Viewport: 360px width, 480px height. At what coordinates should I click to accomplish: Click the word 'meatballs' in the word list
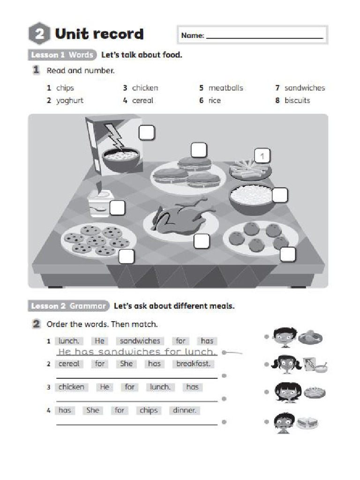[x=225, y=88]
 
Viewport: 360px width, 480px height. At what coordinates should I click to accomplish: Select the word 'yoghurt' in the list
[x=70, y=100]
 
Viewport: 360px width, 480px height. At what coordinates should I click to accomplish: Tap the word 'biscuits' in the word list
[x=297, y=100]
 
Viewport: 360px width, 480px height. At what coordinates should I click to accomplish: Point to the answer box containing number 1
[x=263, y=156]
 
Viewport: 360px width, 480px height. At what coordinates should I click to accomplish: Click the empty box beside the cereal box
[x=147, y=133]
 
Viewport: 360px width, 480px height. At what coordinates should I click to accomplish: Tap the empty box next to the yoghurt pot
[x=117, y=207]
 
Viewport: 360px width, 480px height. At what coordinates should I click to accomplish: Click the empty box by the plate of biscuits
[x=126, y=256]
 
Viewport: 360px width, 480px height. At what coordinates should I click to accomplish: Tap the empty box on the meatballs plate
[x=288, y=254]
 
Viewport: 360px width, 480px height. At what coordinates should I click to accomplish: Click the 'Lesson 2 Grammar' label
[x=68, y=306]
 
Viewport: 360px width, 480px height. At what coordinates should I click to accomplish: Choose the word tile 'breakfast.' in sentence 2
[x=194, y=364]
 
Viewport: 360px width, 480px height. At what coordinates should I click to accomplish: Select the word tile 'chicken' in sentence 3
[x=72, y=387]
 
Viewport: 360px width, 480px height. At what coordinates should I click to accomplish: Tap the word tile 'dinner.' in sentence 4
[x=184, y=410]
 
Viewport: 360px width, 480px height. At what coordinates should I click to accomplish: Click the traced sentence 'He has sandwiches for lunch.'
[x=137, y=352]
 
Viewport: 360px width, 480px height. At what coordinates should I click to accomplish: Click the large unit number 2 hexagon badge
[x=39, y=34]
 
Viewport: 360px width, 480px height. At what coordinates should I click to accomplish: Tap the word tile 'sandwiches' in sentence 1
[x=140, y=341]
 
